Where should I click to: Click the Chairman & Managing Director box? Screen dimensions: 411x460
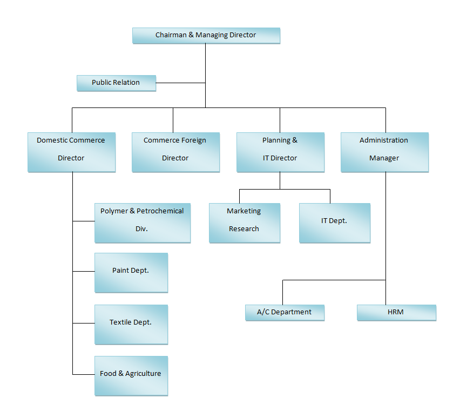(x=206, y=36)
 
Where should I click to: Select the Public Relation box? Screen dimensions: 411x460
(x=116, y=83)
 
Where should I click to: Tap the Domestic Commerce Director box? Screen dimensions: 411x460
(x=71, y=152)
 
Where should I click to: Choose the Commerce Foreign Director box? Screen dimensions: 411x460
(x=175, y=152)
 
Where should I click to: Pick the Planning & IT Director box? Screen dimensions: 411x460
(x=280, y=152)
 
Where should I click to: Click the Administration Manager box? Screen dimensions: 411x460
(x=384, y=152)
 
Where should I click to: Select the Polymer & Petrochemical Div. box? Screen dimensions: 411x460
(x=143, y=223)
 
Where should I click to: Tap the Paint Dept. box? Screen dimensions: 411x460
(x=131, y=272)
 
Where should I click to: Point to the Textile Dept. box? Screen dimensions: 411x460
(x=131, y=324)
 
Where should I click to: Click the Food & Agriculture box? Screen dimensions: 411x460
(x=131, y=375)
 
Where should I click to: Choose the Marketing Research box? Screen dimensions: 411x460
(x=245, y=223)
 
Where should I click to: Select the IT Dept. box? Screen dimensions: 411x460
(x=335, y=223)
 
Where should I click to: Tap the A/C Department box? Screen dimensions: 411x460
(x=285, y=312)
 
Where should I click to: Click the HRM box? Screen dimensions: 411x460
(x=396, y=312)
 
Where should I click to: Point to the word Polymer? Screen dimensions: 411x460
(x=113, y=211)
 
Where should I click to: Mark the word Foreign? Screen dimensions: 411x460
(x=193, y=140)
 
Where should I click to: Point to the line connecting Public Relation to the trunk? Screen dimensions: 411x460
(x=180, y=83)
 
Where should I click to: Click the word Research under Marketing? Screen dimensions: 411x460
(x=244, y=229)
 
